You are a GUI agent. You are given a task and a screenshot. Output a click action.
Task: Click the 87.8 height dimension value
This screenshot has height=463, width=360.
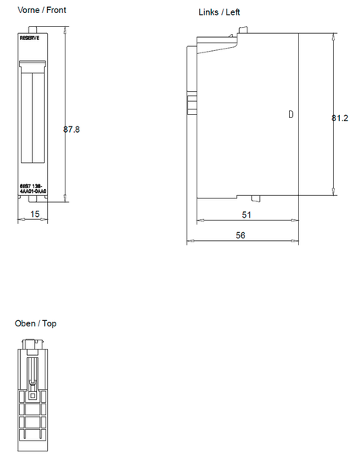tap(72, 130)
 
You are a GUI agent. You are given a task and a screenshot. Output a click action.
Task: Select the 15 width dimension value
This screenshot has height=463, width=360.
tap(35, 213)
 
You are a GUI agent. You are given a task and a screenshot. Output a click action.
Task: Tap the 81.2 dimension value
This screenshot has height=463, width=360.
tap(340, 118)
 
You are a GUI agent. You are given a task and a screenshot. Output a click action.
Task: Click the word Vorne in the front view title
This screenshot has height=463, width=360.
tap(29, 11)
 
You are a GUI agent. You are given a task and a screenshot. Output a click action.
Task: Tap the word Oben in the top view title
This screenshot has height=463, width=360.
tap(25, 323)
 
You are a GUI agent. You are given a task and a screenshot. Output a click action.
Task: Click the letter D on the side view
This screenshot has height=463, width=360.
tap(290, 114)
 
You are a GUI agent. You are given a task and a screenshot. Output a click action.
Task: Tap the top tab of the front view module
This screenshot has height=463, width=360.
tap(34, 29)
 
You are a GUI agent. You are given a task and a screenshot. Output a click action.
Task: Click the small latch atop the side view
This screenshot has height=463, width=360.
tap(244, 31)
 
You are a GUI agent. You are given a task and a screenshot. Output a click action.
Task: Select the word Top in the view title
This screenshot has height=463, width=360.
tap(49, 323)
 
